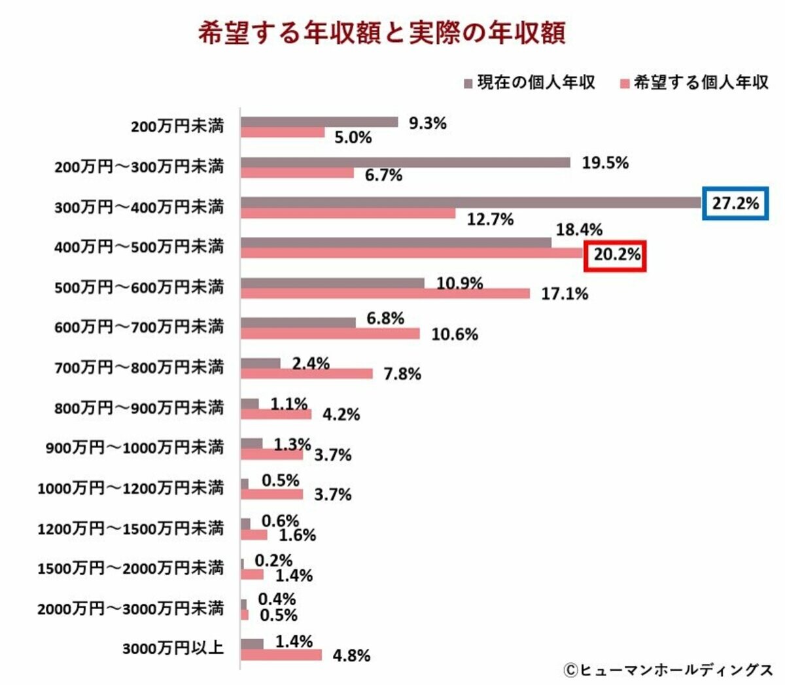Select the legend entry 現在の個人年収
pyautogui.click(x=530, y=82)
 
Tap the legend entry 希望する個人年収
pyautogui.click(x=694, y=82)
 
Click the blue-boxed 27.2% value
pyautogui.click(x=735, y=203)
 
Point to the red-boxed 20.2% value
pyautogui.click(x=616, y=255)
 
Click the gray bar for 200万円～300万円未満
pyautogui.click(x=405, y=162)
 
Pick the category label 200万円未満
pyautogui.click(x=177, y=126)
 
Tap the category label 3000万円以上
pyautogui.click(x=173, y=648)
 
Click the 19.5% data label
pyautogui.click(x=605, y=163)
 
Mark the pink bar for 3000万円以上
pyautogui.click(x=281, y=655)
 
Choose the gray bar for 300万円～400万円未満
pyautogui.click(x=471, y=203)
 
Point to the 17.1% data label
pyautogui.click(x=565, y=294)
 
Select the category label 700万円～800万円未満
pyautogui.click(x=139, y=368)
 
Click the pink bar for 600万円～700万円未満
pyautogui.click(x=330, y=334)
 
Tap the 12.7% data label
pyautogui.click(x=490, y=220)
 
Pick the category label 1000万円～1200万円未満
pyautogui.click(x=130, y=488)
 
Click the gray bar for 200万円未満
pyautogui.click(x=319, y=122)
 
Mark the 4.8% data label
pyautogui.click(x=351, y=656)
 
